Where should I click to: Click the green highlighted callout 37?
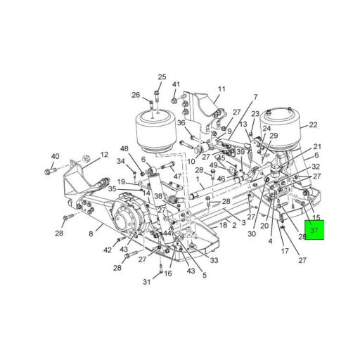pyautogui.click(x=314, y=230)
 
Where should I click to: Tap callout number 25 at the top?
pyautogui.click(x=162, y=77)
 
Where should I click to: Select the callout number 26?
pyautogui.click(x=136, y=95)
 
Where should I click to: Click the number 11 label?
pyautogui.click(x=221, y=89)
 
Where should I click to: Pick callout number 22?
pyautogui.click(x=312, y=125)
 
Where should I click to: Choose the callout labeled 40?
pyautogui.click(x=55, y=156)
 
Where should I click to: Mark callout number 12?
pyautogui.click(x=104, y=155)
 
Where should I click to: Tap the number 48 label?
pyautogui.click(x=124, y=148)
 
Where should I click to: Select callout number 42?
pyautogui.click(x=107, y=250)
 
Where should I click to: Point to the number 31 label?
pyautogui.click(x=148, y=282)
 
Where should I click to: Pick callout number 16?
pyautogui.click(x=168, y=273)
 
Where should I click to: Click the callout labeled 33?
pyautogui.click(x=214, y=260)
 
